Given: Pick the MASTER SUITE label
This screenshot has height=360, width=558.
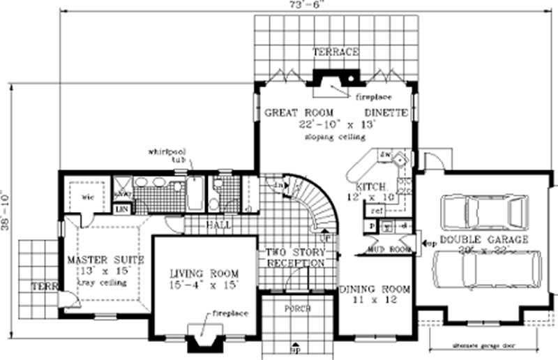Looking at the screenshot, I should pyautogui.click(x=105, y=260).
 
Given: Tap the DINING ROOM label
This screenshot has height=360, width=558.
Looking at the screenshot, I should pyautogui.click(x=374, y=288).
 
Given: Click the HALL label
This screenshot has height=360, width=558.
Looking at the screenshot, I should pyautogui.click(x=218, y=225).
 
